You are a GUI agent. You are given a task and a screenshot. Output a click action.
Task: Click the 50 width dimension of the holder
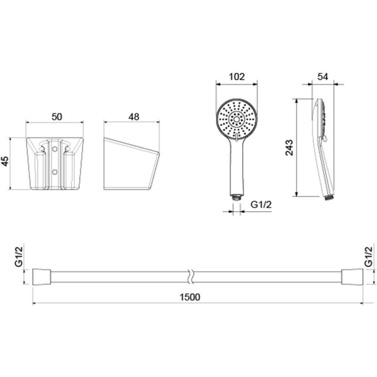(57, 117)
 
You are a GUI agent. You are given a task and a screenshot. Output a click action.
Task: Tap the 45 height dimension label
(5, 161)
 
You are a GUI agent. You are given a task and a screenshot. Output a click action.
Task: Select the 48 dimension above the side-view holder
(134, 117)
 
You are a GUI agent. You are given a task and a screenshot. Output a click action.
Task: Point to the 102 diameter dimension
(237, 77)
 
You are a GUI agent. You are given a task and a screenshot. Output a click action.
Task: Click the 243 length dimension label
(289, 148)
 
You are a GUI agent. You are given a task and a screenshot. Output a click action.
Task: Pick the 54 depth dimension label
(323, 77)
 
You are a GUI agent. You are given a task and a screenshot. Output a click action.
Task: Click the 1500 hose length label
(190, 297)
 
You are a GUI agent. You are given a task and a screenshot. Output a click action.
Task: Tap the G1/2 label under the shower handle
(261, 205)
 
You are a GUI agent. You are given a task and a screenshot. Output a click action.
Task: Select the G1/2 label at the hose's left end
(19, 257)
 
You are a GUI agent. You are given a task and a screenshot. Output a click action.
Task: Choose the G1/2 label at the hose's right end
(368, 257)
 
